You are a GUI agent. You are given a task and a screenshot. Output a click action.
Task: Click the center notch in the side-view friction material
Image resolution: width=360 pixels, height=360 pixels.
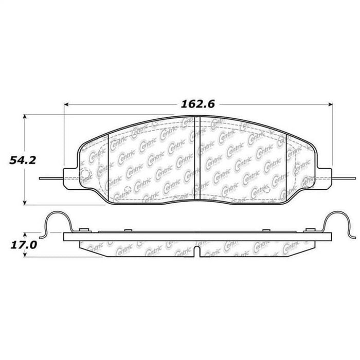click(x=199, y=250)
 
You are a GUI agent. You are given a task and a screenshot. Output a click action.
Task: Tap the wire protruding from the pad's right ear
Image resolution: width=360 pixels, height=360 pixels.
click(x=342, y=178)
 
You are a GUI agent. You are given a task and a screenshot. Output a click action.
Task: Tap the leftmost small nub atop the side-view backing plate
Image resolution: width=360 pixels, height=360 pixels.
click(x=82, y=229)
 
